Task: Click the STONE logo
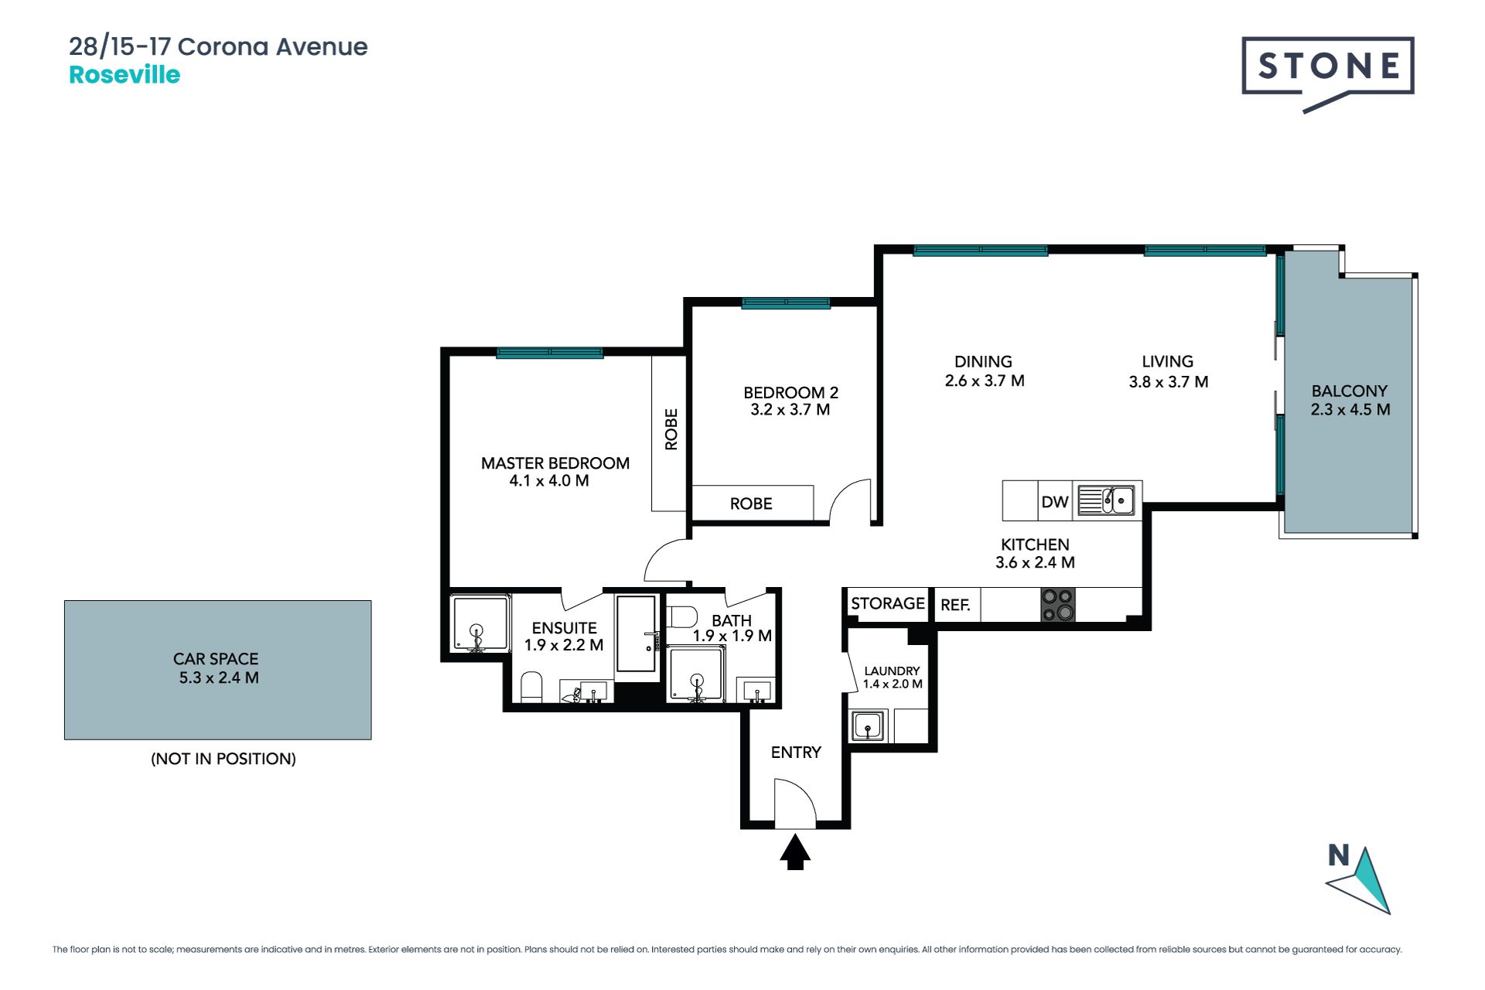click(x=1328, y=73)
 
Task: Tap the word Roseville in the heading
click(x=125, y=75)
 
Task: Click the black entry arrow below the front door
click(x=795, y=852)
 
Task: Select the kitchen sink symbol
click(x=1107, y=500)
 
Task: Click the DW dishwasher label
click(x=1055, y=502)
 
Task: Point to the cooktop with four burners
click(x=1057, y=605)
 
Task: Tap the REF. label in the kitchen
click(x=955, y=605)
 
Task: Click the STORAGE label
click(x=888, y=603)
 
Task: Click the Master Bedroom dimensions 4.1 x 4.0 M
click(x=549, y=481)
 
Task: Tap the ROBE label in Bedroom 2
click(x=751, y=504)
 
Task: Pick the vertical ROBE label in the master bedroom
click(x=671, y=429)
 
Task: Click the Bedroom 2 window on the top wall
click(x=786, y=303)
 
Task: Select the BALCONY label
click(x=1350, y=391)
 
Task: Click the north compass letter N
click(x=1339, y=855)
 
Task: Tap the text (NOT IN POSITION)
click(x=224, y=759)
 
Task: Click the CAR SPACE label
click(x=216, y=659)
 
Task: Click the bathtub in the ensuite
click(x=637, y=634)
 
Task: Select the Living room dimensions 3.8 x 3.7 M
click(x=1169, y=382)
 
